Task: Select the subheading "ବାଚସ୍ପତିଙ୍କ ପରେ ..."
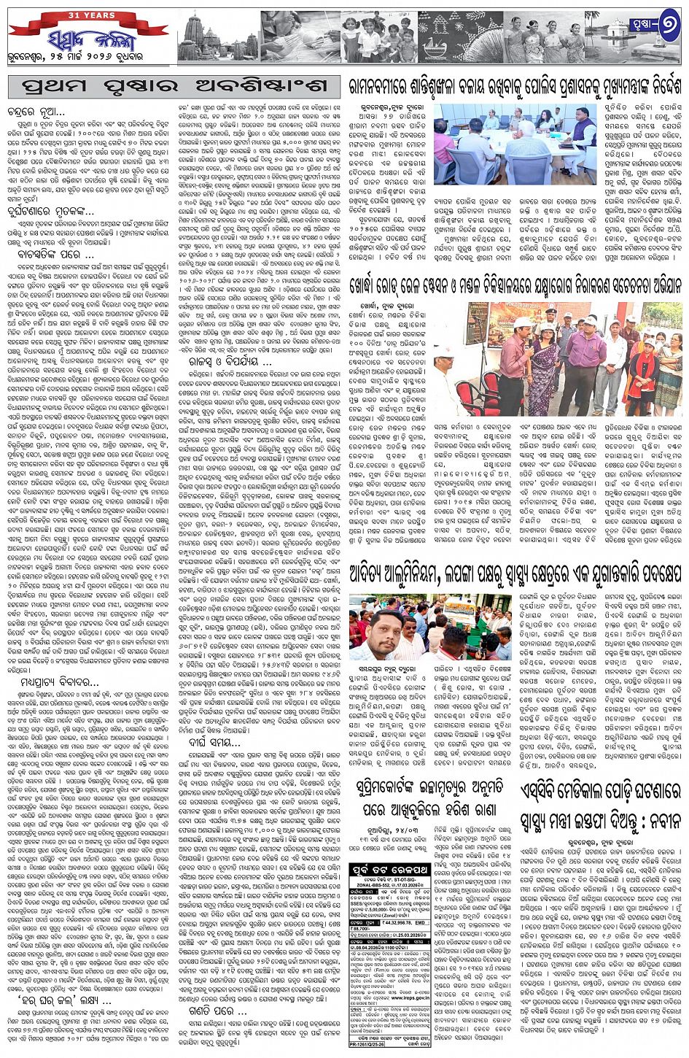click(x=58, y=255)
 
